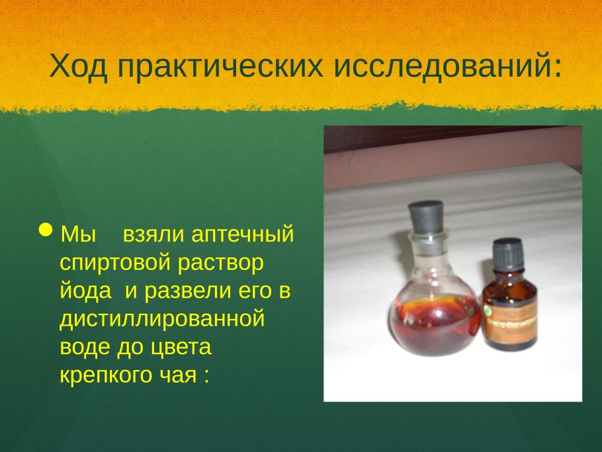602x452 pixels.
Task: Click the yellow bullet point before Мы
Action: tap(46, 231)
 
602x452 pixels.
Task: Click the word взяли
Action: tap(153, 234)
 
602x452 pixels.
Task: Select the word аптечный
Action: tap(242, 234)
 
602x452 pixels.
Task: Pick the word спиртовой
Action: tap(115, 263)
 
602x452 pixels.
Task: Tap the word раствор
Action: tap(220, 263)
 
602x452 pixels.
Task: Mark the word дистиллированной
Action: tap(162, 320)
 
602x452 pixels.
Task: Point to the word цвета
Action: tap(179, 347)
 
